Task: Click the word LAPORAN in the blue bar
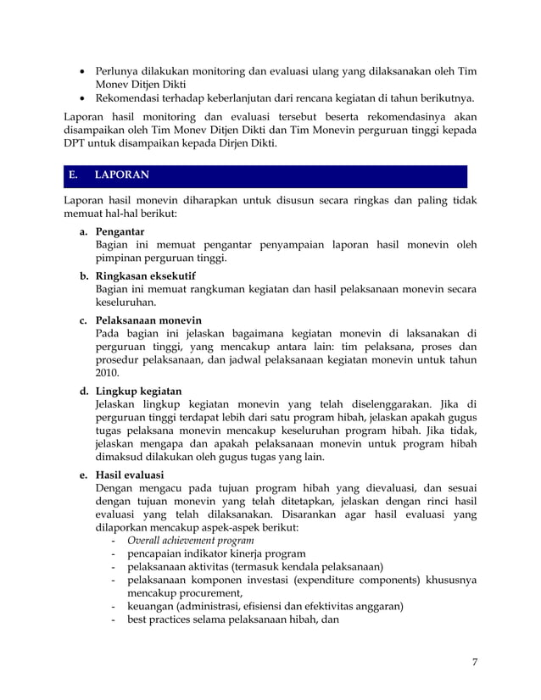121,175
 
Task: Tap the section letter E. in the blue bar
75,175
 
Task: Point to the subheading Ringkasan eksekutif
146,275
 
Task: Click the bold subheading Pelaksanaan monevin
149,320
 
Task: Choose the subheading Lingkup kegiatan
138,391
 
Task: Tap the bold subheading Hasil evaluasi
131,475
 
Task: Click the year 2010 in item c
107,372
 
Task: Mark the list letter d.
85,391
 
